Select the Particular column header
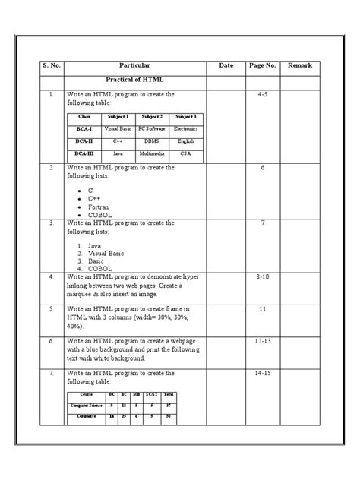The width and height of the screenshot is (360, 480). [x=135, y=66]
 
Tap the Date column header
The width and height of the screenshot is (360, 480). [x=226, y=66]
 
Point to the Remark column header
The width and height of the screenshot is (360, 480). [x=300, y=66]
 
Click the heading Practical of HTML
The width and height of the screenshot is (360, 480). [x=134, y=81]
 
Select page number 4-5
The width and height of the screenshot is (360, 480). [x=262, y=95]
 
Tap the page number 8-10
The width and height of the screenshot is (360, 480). [x=262, y=278]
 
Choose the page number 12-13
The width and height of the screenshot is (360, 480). [x=262, y=342]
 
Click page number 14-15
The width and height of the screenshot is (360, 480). [x=262, y=374]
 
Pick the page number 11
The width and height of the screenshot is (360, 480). [x=262, y=310]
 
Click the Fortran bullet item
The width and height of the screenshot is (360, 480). [x=99, y=207]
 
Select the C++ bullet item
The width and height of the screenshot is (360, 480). [x=94, y=198]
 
